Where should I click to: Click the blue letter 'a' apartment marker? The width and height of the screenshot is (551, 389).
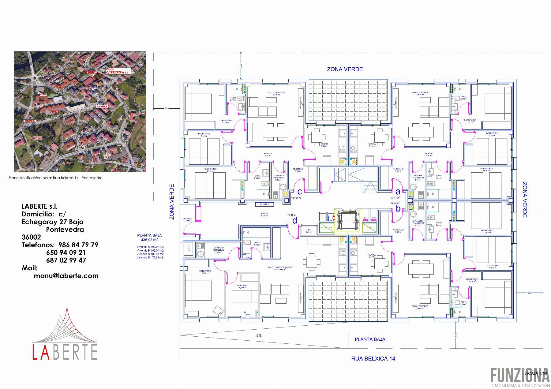[398, 192]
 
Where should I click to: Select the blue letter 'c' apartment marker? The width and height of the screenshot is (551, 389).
[300, 192]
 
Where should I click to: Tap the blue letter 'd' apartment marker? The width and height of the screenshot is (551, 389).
[294, 220]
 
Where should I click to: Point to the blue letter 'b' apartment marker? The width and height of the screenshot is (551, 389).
[398, 209]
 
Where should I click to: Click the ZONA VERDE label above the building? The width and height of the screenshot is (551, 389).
[345, 69]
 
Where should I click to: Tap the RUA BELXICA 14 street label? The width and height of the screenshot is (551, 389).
[373, 358]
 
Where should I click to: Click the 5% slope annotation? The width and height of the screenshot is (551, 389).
[259, 335]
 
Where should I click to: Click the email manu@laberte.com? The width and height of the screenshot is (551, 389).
[66, 276]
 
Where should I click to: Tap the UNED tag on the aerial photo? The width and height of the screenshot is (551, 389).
[37, 138]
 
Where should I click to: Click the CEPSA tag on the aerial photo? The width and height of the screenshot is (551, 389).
[30, 121]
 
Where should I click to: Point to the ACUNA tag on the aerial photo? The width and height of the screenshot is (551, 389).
[102, 107]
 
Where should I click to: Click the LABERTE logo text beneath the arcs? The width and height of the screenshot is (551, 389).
[65, 352]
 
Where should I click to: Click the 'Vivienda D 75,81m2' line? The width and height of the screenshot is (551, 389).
[150, 258]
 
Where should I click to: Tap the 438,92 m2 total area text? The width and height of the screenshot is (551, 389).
[149, 240]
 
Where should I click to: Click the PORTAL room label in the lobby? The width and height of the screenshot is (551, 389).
[264, 214]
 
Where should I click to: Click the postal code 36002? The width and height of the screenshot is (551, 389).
[31, 237]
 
